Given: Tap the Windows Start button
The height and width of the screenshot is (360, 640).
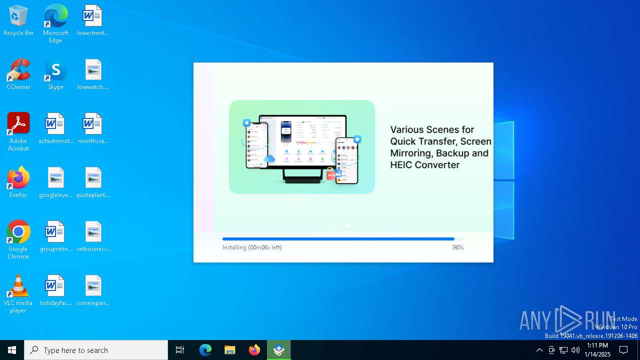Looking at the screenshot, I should click(x=12, y=350).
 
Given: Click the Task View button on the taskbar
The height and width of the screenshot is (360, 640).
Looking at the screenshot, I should click(x=180, y=350).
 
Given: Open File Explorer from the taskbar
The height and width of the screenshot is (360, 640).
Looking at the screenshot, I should click(x=229, y=350).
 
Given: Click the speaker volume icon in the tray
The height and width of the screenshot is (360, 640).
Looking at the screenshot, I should click(x=575, y=350).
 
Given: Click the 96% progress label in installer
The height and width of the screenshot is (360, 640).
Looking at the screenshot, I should click(x=458, y=247).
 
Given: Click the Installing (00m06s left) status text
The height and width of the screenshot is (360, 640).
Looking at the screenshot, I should click(x=252, y=247).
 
